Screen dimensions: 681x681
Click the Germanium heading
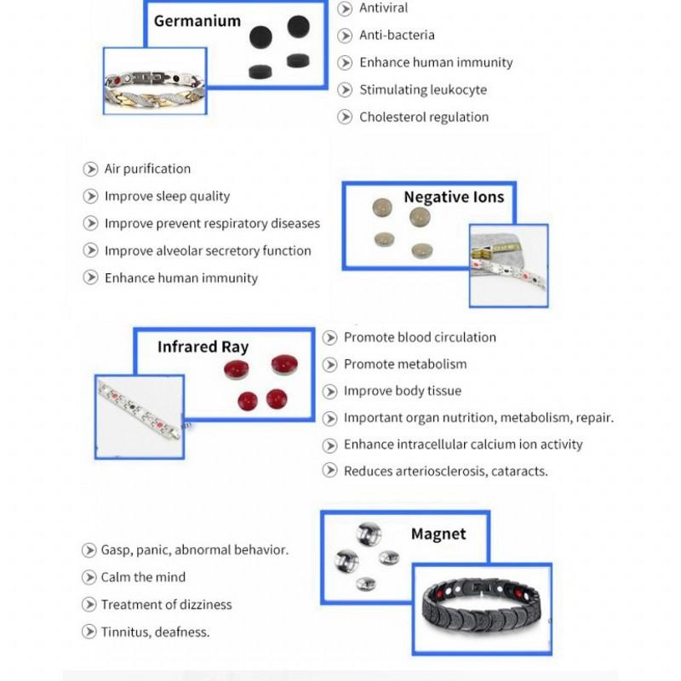197,20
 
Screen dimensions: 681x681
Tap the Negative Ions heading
453,197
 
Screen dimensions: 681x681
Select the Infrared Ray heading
203,346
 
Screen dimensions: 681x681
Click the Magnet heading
438,534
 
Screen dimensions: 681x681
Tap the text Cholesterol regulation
423,117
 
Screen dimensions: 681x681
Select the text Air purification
147,169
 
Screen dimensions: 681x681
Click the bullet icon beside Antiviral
345,9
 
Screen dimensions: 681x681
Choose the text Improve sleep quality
167,196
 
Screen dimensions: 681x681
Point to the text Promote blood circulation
420,337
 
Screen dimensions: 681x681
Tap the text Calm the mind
143,577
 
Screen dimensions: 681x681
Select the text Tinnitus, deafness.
155,632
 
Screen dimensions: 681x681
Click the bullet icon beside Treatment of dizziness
89,604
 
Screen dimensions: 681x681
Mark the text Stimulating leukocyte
422,89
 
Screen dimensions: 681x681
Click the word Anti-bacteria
397,35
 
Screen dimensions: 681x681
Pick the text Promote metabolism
405,363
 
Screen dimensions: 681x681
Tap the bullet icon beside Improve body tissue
330,391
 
